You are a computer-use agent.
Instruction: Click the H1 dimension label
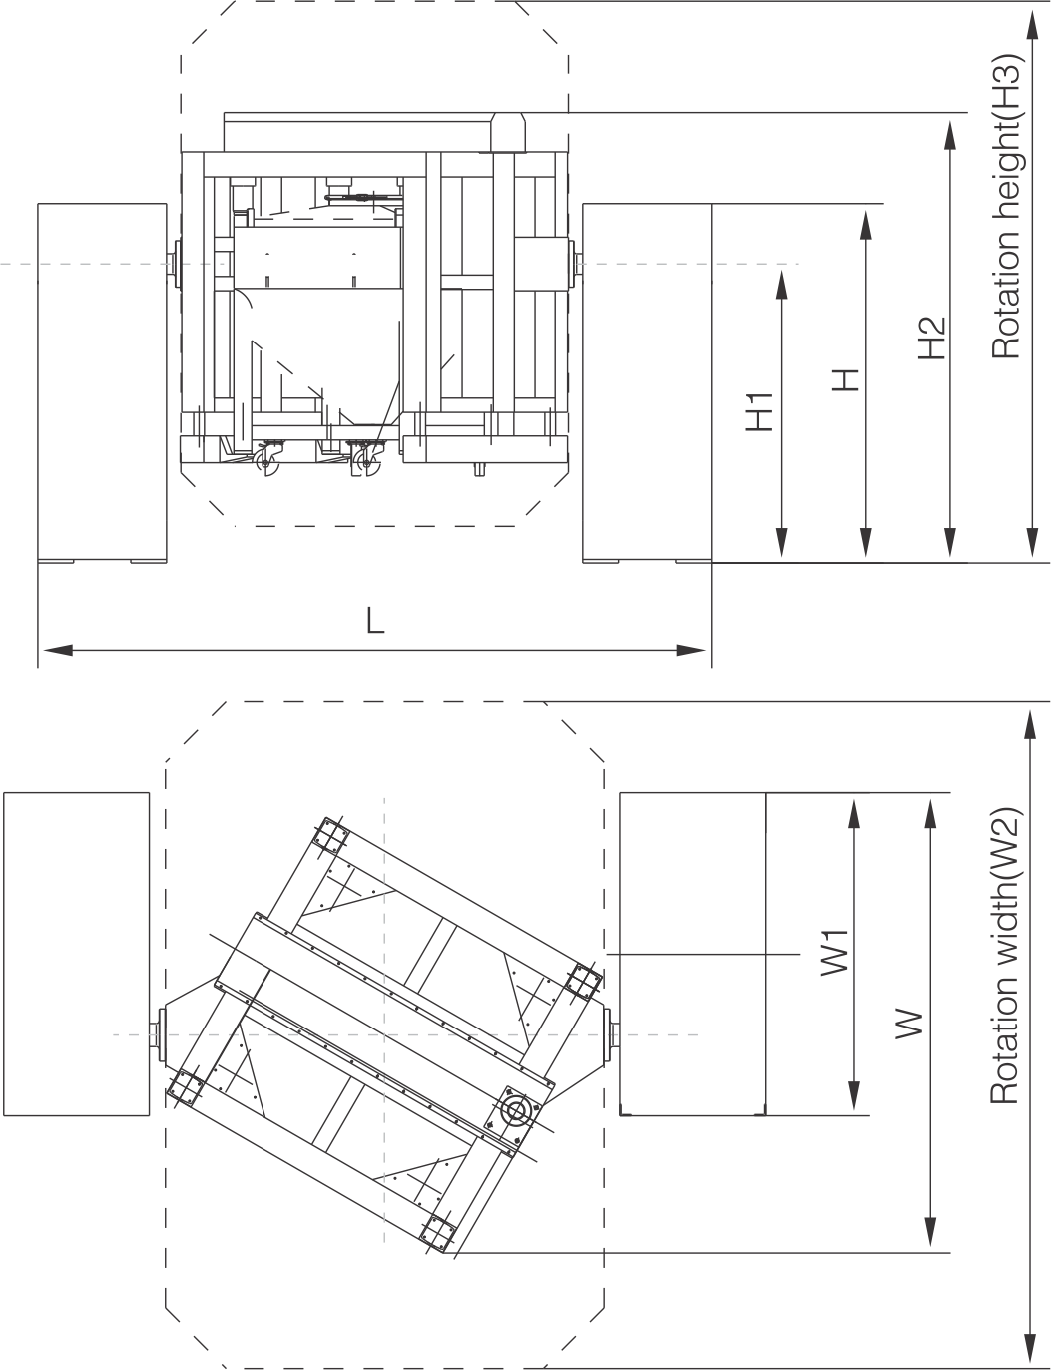pos(760,411)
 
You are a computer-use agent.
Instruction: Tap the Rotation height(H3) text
pos(1006,206)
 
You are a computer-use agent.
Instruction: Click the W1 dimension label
pos(835,953)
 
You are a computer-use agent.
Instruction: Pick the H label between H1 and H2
pos(846,380)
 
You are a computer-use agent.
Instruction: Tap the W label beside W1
pos(909,1024)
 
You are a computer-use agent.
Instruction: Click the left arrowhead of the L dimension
pos(57,650)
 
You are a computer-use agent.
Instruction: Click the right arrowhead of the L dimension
pos(691,650)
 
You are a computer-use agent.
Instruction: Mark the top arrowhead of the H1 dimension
pos(782,285)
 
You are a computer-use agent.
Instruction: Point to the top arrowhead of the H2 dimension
pos(949,134)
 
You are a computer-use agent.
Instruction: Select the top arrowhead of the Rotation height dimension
pos(1032,25)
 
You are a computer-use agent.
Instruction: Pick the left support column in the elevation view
pos(102,382)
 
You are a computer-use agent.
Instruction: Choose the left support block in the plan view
pos(77,954)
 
